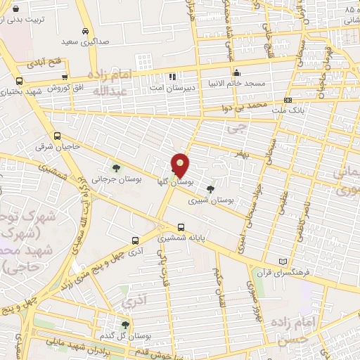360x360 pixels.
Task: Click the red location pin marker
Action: [x=181, y=165]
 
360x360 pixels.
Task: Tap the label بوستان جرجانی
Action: [x=116, y=179]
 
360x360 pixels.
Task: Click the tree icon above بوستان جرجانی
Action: [x=116, y=167]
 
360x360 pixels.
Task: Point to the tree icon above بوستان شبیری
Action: [x=210, y=188]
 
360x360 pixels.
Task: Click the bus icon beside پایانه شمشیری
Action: [x=181, y=227]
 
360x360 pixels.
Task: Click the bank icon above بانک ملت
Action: [x=287, y=100]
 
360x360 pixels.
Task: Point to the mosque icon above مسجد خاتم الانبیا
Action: [x=237, y=72]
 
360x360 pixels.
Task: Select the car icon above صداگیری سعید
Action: [x=85, y=31]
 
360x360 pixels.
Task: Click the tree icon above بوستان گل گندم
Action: [x=125, y=324]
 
